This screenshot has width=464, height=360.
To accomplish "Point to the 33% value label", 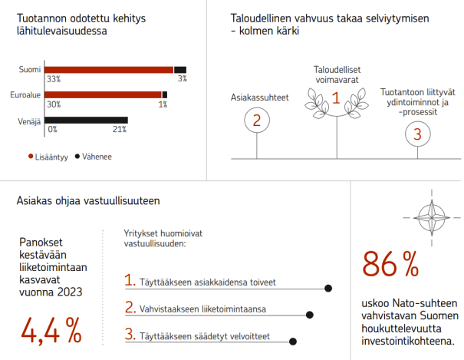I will click(x=53, y=79).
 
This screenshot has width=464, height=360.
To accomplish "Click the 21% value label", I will click(x=120, y=130).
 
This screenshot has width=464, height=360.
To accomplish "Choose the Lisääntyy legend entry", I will click(x=48, y=156).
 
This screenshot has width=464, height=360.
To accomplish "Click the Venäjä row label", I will click(x=29, y=121).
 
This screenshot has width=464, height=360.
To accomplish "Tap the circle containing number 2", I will click(x=257, y=121).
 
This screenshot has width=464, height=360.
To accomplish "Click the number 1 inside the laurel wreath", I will click(x=334, y=97).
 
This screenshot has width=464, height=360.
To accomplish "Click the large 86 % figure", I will click(x=391, y=264).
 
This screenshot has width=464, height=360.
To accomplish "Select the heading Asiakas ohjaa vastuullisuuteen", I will click(x=87, y=201).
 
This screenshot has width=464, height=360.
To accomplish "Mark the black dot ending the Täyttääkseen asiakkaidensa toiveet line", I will click(x=328, y=289).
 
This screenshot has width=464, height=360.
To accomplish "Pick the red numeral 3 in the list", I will click(x=130, y=334).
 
